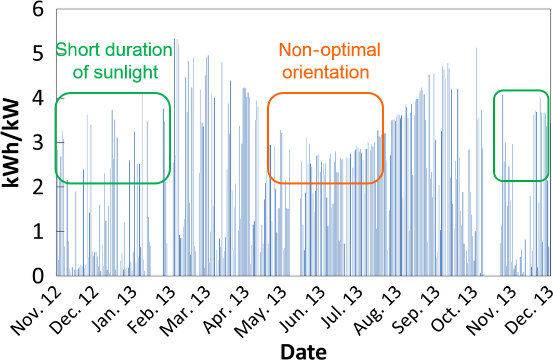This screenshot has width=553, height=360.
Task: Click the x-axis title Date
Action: (304, 351)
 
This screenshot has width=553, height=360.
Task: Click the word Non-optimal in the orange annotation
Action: (330, 50)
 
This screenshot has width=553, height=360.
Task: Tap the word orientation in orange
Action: (325, 72)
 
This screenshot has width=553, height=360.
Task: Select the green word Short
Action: (75, 50)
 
